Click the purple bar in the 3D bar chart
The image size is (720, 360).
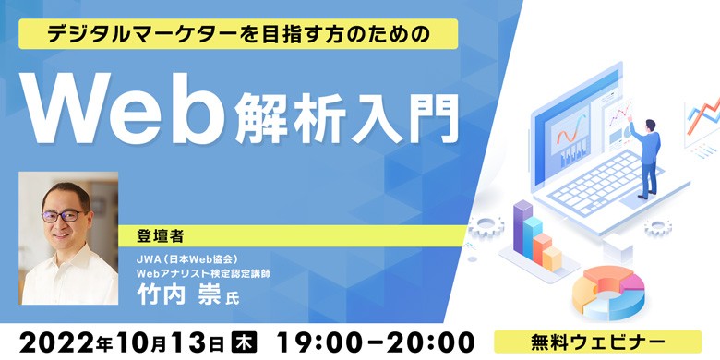(x=523, y=226)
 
